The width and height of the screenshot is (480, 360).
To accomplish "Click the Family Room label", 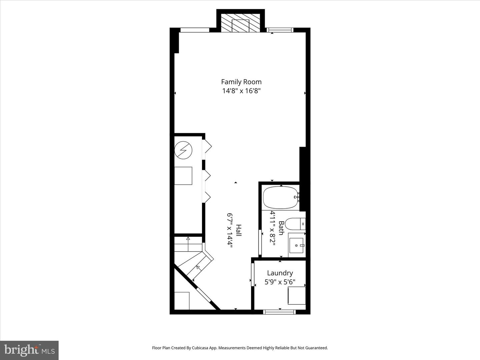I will pos(241,82).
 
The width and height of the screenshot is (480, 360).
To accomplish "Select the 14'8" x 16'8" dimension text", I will pos(241,91).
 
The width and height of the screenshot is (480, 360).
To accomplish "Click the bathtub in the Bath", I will pos(280,198).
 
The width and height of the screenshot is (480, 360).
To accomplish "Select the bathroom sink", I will pos(296,246).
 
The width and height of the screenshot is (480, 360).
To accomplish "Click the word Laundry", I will pos(280,273).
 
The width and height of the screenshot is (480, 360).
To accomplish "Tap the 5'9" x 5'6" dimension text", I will pos(280,282).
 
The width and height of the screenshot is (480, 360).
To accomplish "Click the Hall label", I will pos(239,230).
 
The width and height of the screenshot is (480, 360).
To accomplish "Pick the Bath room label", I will pos(281,228).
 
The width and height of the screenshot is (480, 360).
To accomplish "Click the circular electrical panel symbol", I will pos(183,150).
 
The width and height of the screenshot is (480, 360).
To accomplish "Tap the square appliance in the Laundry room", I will pos(297,295).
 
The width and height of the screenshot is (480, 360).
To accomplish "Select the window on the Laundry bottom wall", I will pos(279,312).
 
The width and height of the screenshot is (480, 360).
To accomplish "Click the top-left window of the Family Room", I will pos(195,30).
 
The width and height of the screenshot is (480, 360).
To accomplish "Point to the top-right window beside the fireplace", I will pos(280,30).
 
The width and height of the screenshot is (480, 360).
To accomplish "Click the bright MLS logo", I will pos(29,350).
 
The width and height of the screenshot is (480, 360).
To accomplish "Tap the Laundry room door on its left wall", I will pos(253,275).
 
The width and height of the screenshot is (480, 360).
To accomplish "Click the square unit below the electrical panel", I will pos(183,176).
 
